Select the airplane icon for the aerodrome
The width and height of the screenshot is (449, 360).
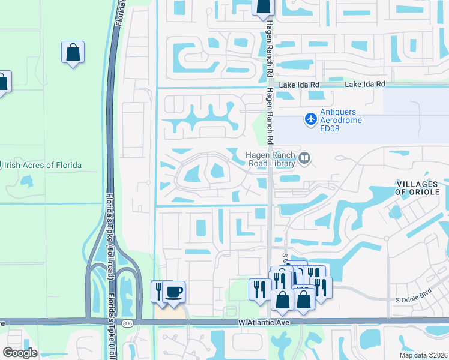coord(310,119)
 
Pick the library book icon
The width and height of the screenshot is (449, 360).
coord(304,158)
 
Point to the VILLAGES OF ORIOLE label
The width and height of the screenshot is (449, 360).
coord(421,187)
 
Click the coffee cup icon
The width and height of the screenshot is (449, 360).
coord(174,292)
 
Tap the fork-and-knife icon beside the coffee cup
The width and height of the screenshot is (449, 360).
coord(159,291)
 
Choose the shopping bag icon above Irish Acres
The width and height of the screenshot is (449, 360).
coord(73,52)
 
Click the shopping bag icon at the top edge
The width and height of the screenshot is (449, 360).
coord(262,6)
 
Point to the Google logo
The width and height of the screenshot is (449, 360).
coord(20,352)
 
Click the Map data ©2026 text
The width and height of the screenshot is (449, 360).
coord(423,355)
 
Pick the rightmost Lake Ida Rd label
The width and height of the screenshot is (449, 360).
coord(365,85)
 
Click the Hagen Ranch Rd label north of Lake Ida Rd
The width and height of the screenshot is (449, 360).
coord(270,36)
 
